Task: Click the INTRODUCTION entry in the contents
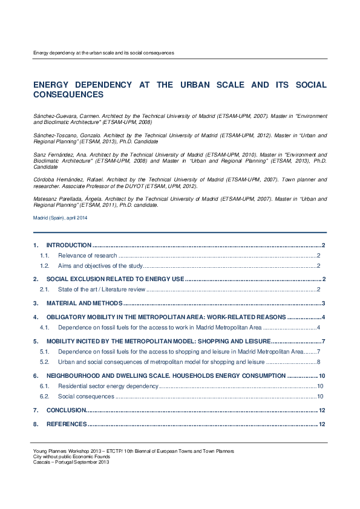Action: tap(68, 245)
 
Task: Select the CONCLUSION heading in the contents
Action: tap(66, 410)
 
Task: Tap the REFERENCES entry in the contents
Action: tap(67, 424)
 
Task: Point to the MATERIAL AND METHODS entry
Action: tap(84, 303)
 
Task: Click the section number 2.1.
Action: tap(44, 290)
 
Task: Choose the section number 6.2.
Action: tap(44, 397)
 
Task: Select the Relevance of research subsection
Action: tap(87, 256)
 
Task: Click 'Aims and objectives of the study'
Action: tap(100, 266)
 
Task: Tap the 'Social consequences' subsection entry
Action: tap(86, 397)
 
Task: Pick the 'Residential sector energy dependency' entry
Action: tap(108, 386)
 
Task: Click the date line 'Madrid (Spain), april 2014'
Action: tap(60, 218)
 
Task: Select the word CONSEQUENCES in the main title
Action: tap(68, 95)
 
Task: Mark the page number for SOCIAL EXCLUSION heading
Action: tap(325, 279)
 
